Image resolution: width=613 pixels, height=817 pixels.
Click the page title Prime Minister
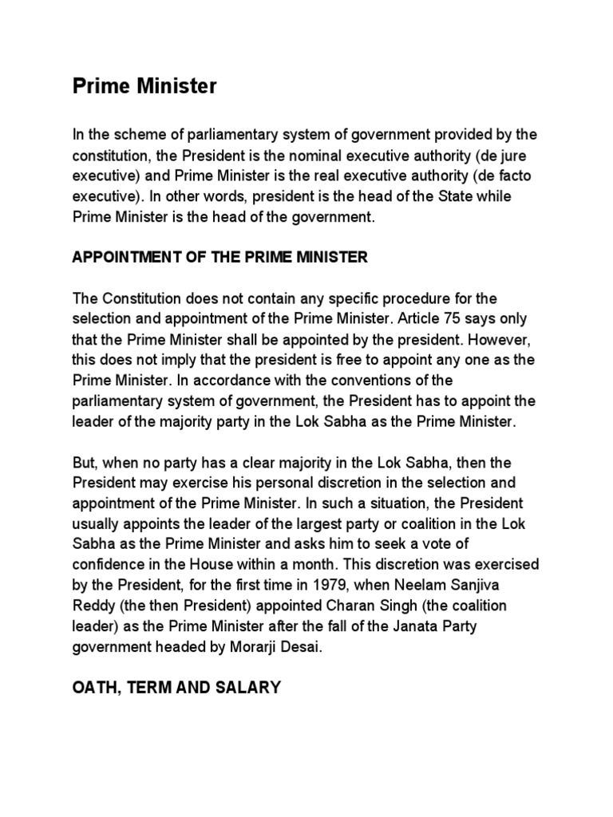pos(144,86)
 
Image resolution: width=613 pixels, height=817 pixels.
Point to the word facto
pos(520,174)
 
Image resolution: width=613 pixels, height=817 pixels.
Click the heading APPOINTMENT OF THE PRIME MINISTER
pos(219,257)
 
